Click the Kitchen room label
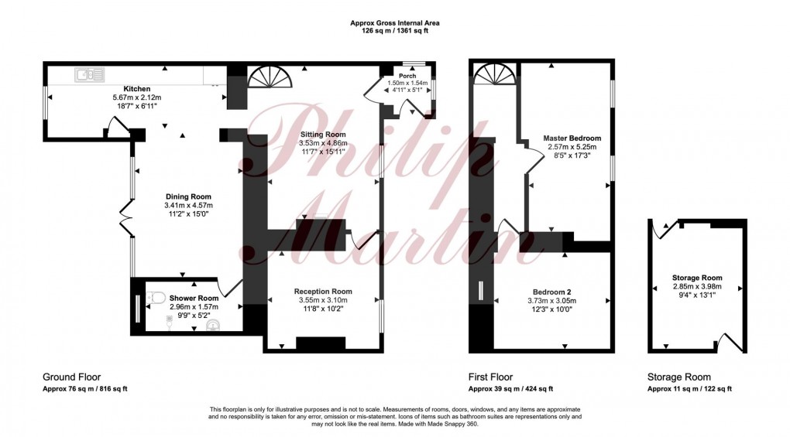click(x=136, y=89)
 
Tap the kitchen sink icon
click(x=90, y=75)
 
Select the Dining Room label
click(x=187, y=196)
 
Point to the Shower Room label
click(x=194, y=299)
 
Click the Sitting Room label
click(x=322, y=135)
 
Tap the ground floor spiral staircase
click(x=270, y=77)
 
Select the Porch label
click(x=407, y=76)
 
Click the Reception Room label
click(x=323, y=292)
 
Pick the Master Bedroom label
click(x=572, y=138)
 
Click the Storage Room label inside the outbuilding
click(x=697, y=278)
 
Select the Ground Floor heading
click(x=71, y=377)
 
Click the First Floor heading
click(x=490, y=377)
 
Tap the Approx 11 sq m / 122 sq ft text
click(x=689, y=388)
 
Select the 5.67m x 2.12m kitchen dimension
click(x=136, y=97)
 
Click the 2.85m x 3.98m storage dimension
click(x=697, y=286)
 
